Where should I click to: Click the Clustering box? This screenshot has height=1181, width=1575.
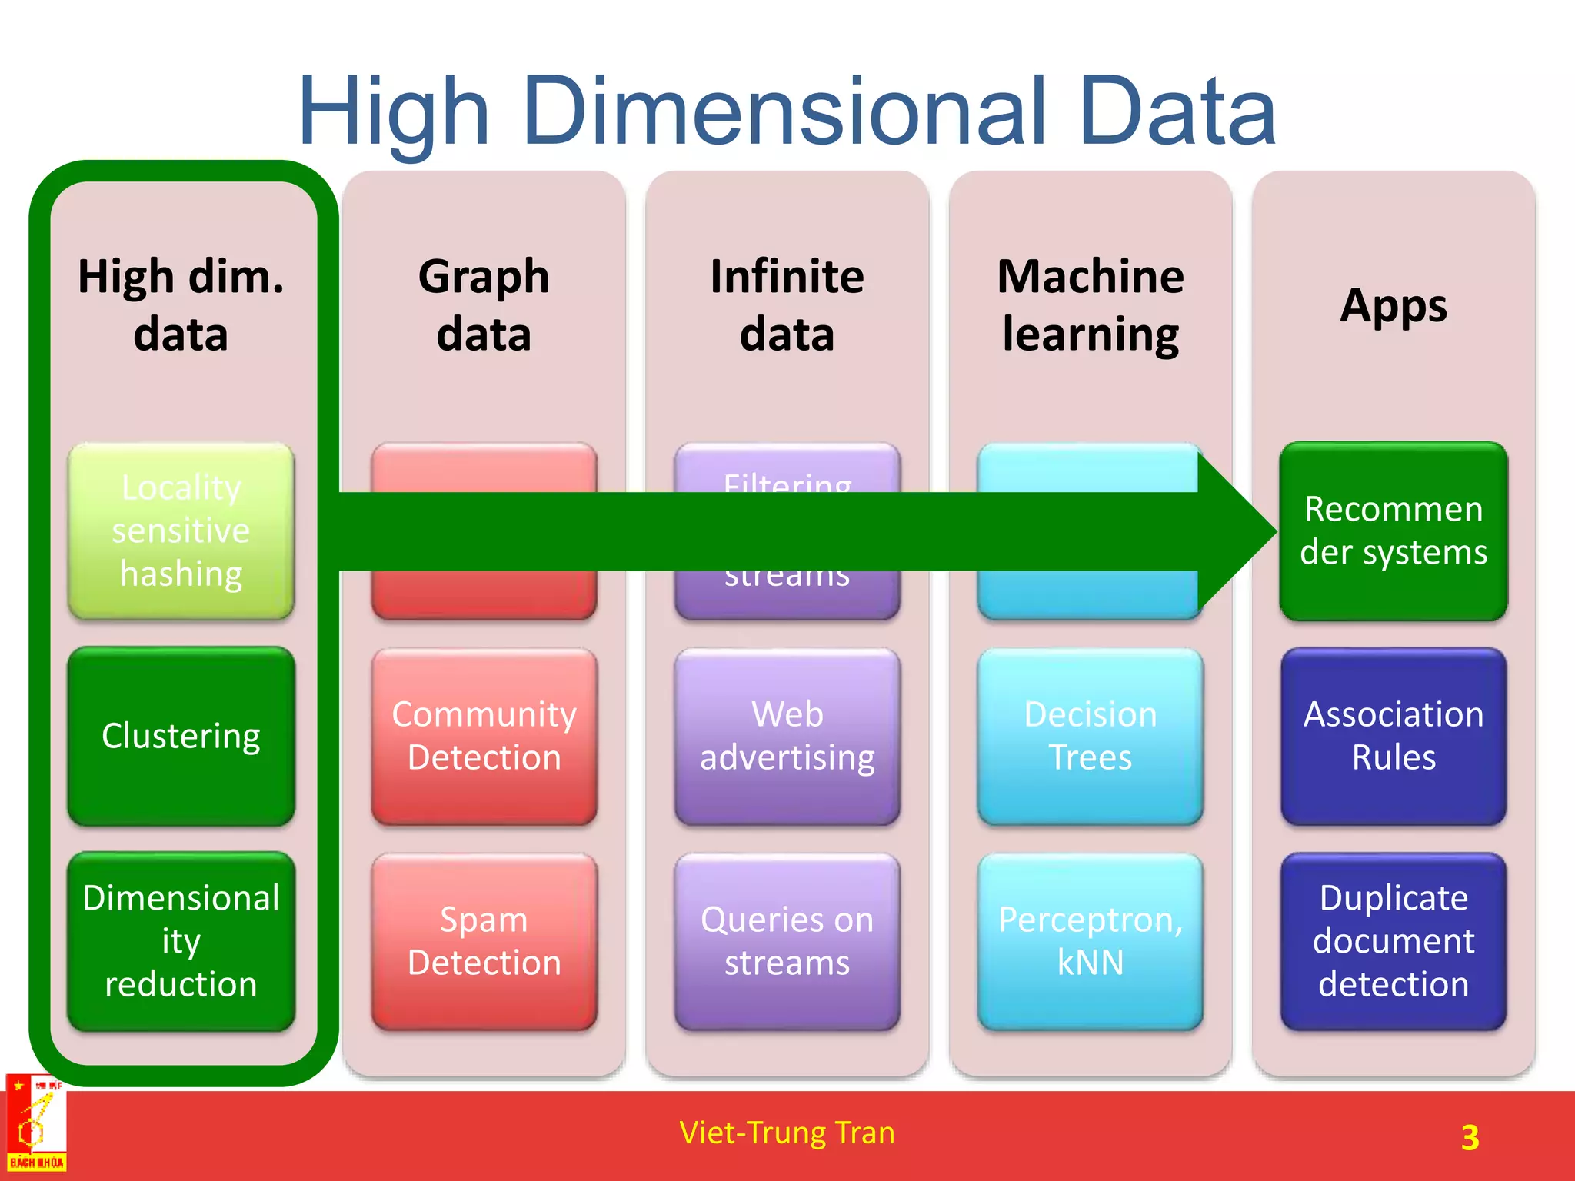click(181, 736)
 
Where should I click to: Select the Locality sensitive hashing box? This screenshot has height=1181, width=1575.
click(181, 531)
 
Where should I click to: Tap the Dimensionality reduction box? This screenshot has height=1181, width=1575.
click(181, 941)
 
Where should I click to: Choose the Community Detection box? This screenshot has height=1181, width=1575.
click(484, 736)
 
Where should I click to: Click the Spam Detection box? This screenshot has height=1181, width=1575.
click(484, 941)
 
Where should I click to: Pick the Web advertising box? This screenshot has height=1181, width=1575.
click(787, 736)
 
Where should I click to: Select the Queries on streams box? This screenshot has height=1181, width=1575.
click(787, 941)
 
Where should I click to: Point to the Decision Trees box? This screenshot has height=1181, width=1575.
click(1090, 736)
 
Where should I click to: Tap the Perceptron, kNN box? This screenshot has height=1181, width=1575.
click(1090, 941)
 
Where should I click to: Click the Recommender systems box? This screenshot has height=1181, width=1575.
click(1394, 531)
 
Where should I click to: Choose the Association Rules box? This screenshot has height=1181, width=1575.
click(1394, 736)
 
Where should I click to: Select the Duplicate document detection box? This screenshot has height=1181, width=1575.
click(1394, 941)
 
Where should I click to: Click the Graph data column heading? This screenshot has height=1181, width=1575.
click(484, 305)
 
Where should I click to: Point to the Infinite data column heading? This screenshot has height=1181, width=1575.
click(787, 305)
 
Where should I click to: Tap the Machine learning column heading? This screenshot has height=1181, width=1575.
click(1090, 305)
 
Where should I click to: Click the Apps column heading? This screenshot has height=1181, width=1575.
click(1394, 305)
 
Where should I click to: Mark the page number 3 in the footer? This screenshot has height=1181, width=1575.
click(1470, 1137)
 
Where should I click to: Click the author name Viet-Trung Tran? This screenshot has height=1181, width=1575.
click(787, 1133)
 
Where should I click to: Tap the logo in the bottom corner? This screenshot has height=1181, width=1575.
click(35, 1124)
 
